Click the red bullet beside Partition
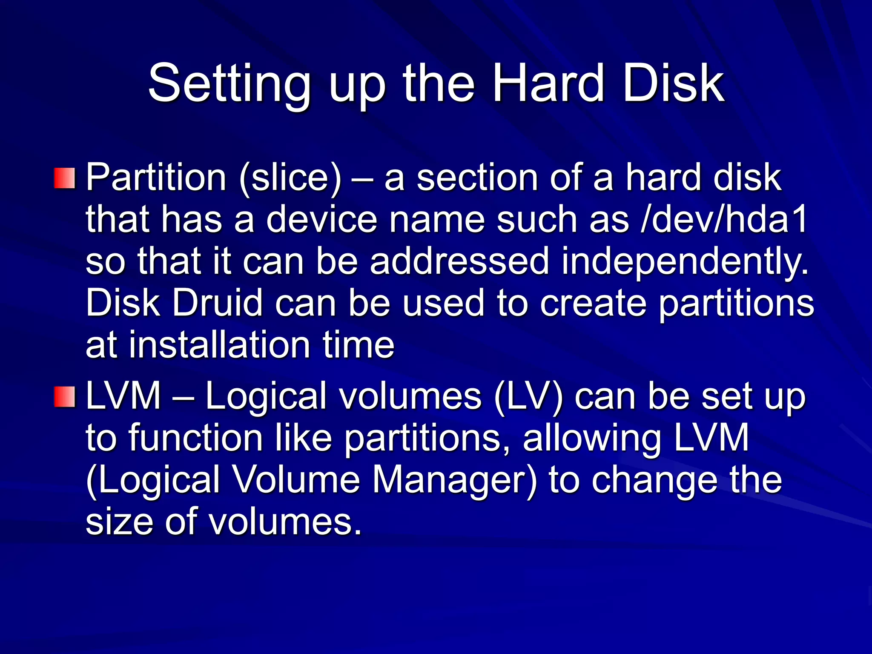click(64, 178)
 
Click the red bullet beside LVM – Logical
click(64, 397)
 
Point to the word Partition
click(156, 178)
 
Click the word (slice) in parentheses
click(290, 178)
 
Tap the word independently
click(685, 262)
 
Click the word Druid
click(217, 303)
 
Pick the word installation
click(219, 345)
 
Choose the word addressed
click(459, 262)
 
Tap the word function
click(195, 439)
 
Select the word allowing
click(592, 439)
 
